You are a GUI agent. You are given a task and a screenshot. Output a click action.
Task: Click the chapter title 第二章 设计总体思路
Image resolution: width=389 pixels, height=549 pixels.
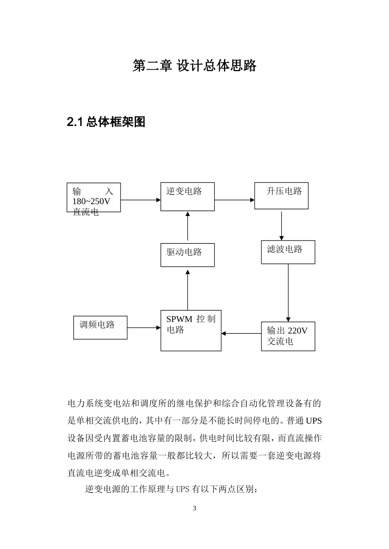[x=194, y=65]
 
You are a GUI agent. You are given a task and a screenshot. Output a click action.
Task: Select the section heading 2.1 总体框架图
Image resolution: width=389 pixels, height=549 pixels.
[x=106, y=122]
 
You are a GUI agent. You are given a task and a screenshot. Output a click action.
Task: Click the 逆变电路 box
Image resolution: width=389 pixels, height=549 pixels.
[x=187, y=197]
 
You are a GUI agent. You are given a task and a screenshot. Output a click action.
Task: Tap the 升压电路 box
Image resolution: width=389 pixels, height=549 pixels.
[x=281, y=196]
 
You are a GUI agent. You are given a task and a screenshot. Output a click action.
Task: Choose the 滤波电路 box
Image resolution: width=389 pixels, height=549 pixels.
[x=288, y=252]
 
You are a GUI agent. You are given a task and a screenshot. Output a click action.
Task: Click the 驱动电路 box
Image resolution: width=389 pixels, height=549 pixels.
[x=187, y=255]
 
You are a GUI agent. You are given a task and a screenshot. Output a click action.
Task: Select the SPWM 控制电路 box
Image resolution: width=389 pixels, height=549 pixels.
[x=190, y=330]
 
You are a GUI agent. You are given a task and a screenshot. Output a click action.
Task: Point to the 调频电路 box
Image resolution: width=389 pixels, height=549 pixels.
[x=100, y=327]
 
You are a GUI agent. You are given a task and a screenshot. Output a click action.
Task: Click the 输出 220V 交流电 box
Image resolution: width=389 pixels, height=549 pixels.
[x=288, y=336]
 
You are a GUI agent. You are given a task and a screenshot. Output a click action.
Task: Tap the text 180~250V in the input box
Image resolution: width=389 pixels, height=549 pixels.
[x=91, y=201]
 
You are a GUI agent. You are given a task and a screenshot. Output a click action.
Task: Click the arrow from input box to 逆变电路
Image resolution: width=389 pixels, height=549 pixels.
[x=140, y=200]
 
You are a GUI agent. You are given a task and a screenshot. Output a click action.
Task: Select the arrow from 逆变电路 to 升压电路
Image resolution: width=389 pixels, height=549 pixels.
[x=234, y=200]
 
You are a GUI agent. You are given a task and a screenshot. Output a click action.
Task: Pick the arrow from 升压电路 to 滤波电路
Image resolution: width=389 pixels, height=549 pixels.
[x=281, y=225]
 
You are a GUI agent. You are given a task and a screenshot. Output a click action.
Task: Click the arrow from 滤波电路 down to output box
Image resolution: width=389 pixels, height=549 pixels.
[x=288, y=292]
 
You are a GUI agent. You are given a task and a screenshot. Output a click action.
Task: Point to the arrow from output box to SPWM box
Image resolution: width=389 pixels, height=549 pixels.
[x=241, y=333]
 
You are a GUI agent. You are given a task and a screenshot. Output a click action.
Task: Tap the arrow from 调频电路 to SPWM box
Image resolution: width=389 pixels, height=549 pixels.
[x=144, y=327]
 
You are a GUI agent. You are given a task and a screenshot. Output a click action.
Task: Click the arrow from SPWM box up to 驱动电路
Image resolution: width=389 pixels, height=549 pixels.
[x=188, y=289]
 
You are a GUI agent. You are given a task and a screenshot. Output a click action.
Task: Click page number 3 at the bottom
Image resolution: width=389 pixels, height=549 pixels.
[x=194, y=509]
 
